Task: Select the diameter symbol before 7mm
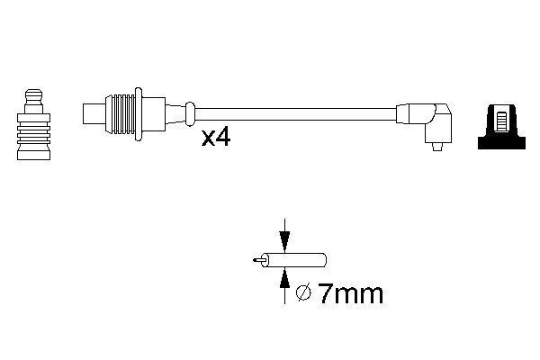(x=304, y=293)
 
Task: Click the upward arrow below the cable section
(x=284, y=281)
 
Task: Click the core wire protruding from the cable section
(x=258, y=260)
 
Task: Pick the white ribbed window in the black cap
(x=499, y=119)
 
